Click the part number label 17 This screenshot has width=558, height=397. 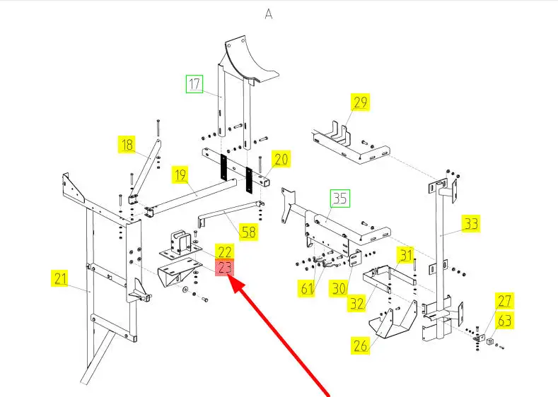click(194, 85)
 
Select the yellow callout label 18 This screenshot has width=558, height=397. click(127, 146)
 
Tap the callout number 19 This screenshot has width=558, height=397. click(180, 174)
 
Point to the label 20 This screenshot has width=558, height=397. click(281, 160)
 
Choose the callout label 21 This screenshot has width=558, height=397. click(61, 278)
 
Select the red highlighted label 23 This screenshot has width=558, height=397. click(225, 268)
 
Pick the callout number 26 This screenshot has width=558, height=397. click(361, 345)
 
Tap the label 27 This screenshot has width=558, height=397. click(504, 301)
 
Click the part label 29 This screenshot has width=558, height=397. click(360, 102)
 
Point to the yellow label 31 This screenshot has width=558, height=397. click(405, 254)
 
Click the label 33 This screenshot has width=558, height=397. click(471, 224)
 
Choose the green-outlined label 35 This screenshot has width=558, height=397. click(340, 199)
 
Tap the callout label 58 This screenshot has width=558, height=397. click(248, 232)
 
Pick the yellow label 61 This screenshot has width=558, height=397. click(307, 288)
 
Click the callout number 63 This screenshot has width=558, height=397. click(504, 321)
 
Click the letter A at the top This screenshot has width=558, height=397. click(269, 14)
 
